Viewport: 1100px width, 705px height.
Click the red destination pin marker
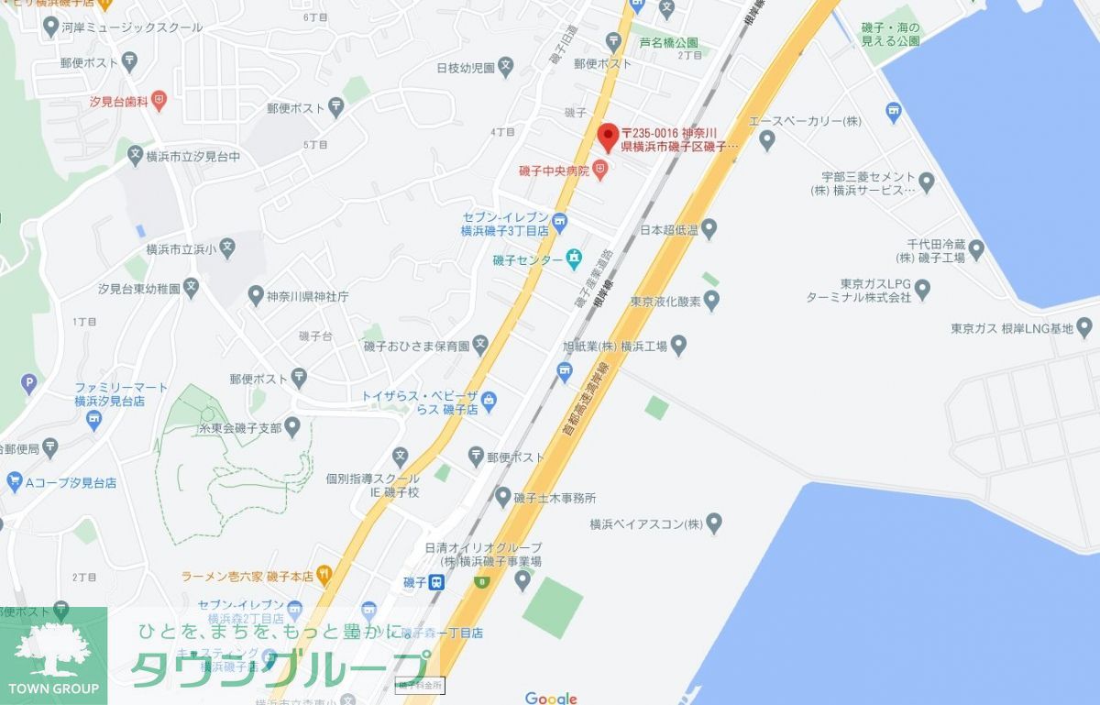click(608, 138)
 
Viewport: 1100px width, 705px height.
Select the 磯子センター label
click(527, 260)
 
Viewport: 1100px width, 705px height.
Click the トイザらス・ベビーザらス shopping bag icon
click(489, 399)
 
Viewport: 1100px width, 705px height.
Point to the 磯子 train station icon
click(437, 582)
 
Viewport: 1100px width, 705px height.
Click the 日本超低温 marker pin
click(709, 228)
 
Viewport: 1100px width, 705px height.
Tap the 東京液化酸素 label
click(665, 301)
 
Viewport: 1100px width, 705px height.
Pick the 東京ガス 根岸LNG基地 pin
click(1085, 326)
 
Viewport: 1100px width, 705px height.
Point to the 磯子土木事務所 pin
click(502, 498)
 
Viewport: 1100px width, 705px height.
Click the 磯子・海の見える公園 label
click(890, 35)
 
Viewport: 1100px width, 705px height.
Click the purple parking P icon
click(28, 382)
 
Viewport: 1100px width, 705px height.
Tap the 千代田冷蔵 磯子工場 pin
click(976, 248)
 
